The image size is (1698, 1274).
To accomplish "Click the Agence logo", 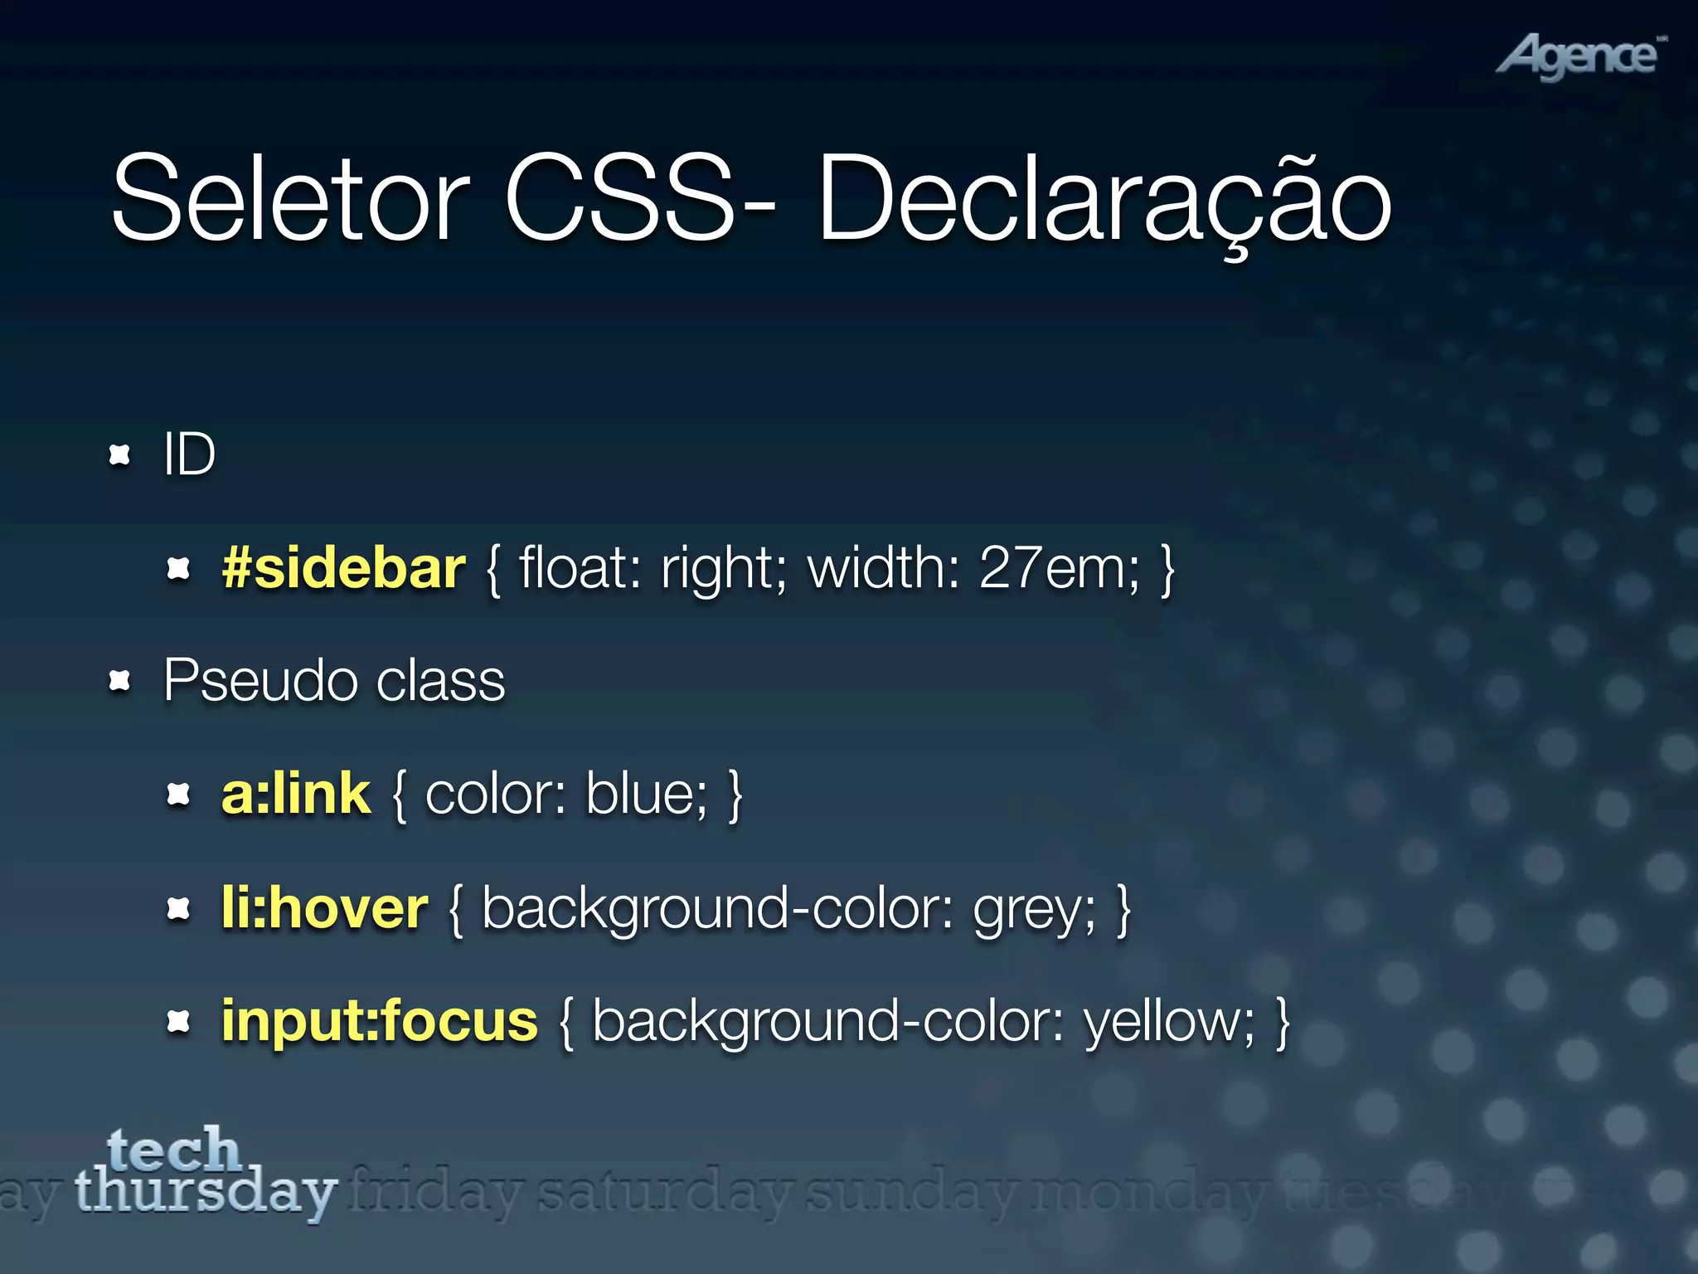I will pyautogui.click(x=1579, y=56).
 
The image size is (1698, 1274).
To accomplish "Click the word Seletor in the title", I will pyautogui.click(x=290, y=199).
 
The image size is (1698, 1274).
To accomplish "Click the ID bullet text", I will pyautogui.click(x=189, y=455).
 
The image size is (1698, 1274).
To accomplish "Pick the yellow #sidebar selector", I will pyautogui.click(x=343, y=569).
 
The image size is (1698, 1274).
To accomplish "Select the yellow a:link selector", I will pyautogui.click(x=296, y=795).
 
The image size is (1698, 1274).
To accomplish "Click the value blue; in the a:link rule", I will pyautogui.click(x=647, y=795).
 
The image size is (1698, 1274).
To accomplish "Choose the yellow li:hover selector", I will pyautogui.click(x=324, y=908).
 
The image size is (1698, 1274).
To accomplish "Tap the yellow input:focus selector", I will pyautogui.click(x=379, y=1021).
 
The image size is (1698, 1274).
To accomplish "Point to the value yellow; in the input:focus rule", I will pyautogui.click(x=1169, y=1023).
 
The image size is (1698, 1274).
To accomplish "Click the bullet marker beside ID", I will pyautogui.click(x=121, y=455).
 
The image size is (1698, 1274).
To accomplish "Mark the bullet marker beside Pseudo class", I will pyautogui.click(x=121, y=681).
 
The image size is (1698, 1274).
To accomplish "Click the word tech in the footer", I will pyautogui.click(x=173, y=1150).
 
